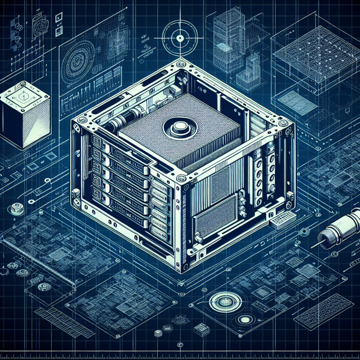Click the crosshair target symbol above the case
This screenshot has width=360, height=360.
[x=178, y=39]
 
